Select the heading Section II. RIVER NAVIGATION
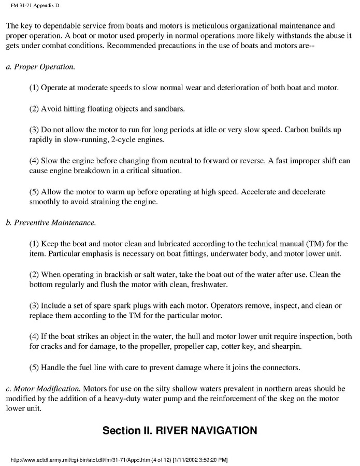[x=179, y=431]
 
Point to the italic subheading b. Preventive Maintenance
[x=51, y=223]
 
